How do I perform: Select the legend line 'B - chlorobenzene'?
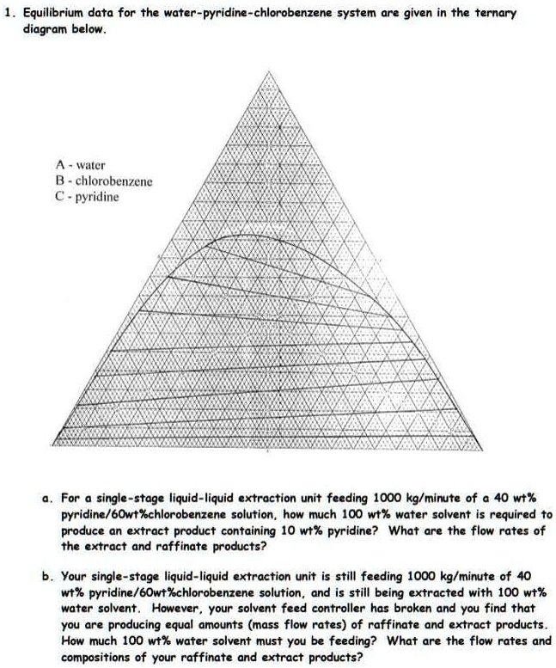pos(102,181)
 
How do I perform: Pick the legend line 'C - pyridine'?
pos(86,197)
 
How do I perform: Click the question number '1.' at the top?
pos(11,12)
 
